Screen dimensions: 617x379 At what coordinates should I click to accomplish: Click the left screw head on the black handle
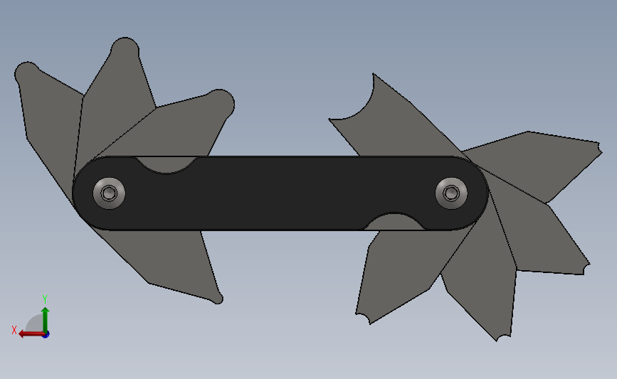tap(109, 193)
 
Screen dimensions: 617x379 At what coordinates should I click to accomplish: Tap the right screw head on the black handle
tap(451, 193)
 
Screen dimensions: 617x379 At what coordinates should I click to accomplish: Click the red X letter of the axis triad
tap(14, 330)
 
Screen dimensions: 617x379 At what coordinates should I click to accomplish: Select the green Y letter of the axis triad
tap(45, 299)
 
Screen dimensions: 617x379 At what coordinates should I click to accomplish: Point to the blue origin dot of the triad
tap(46, 335)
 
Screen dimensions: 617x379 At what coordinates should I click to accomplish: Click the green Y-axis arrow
tap(46, 321)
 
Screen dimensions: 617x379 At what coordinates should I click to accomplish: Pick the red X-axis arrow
tap(32, 334)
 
